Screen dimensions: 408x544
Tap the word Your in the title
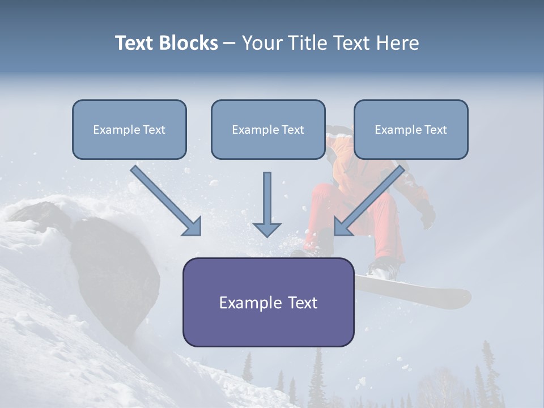261,43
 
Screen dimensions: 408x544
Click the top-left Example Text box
129,130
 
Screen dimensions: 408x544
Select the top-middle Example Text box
268,130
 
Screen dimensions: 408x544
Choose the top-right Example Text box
411,130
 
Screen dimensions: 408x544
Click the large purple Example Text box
268,302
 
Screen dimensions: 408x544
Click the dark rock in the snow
116,266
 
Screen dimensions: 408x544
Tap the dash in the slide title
229,43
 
